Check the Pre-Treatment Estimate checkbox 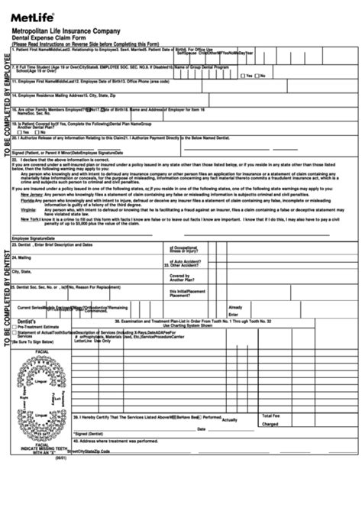pyautogui.click(x=15, y=306)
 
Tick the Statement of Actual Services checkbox pyautogui.click(x=15, y=312)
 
